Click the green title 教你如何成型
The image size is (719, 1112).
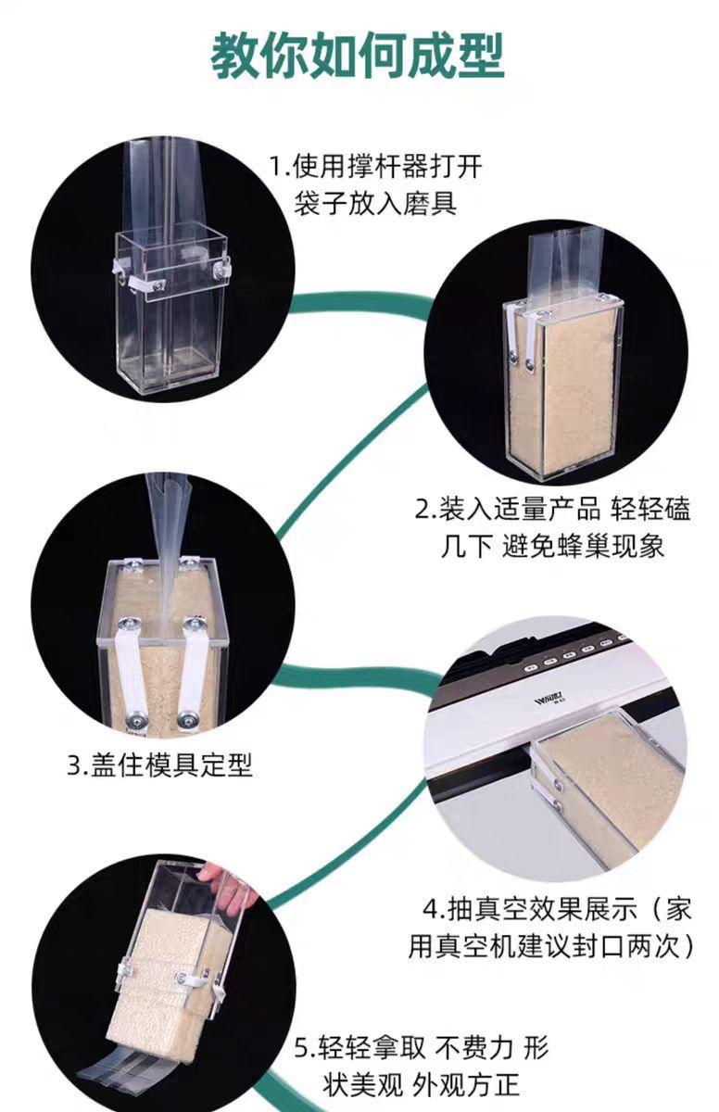(359, 56)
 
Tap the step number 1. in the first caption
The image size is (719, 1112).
(280, 166)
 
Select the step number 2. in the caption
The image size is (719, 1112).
(425, 511)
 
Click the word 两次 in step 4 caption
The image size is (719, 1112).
(654, 947)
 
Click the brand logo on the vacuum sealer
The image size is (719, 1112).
(549, 701)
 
